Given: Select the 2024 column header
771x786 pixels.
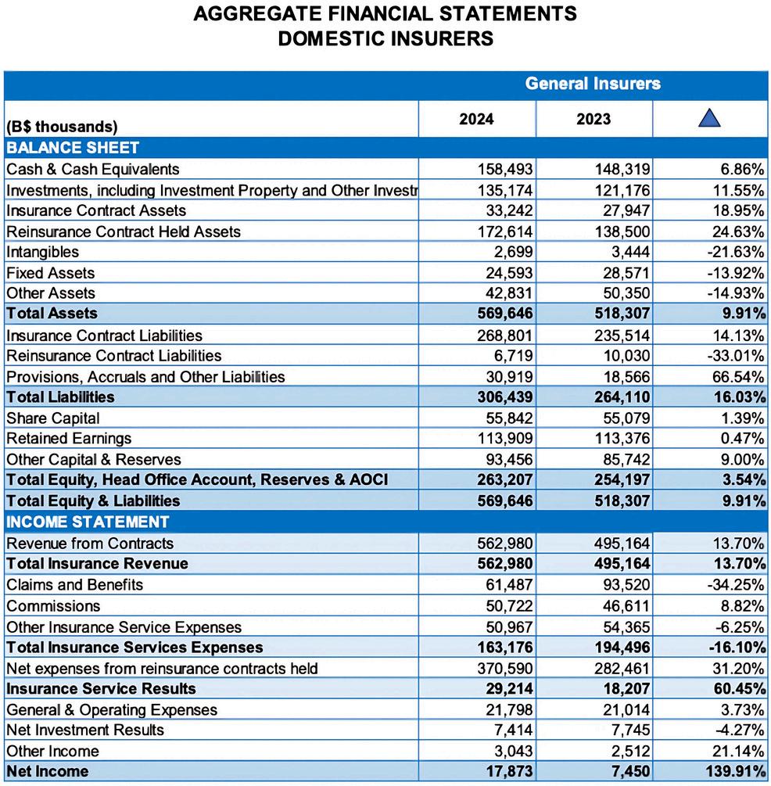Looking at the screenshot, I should [476, 120].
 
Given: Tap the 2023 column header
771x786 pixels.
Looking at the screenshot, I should [593, 120].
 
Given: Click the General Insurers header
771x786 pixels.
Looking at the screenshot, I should [593, 84].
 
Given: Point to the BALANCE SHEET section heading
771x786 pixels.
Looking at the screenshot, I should [73, 148].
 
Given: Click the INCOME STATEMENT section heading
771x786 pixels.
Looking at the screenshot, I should [88, 522].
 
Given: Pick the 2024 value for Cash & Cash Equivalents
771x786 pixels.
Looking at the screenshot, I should [505, 169].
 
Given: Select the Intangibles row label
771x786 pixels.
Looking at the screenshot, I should [43, 252].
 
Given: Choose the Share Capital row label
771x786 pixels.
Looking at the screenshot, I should [53, 418].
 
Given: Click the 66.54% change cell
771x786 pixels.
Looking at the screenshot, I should [737, 376].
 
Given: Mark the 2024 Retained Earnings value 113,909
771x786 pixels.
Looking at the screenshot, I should [505, 438].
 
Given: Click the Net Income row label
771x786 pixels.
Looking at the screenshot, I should [48, 771].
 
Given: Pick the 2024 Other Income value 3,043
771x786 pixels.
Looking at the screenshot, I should [512, 751].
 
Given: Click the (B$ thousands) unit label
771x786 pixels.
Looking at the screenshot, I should [62, 127].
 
